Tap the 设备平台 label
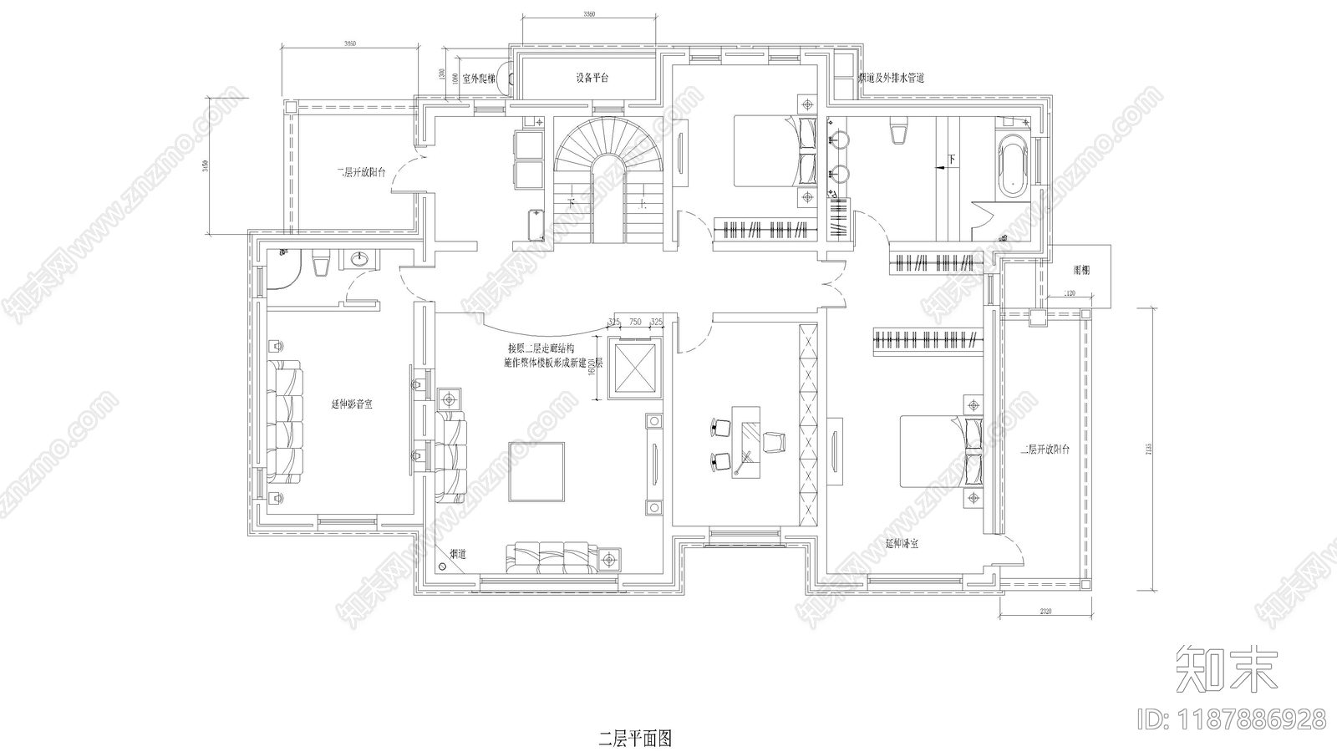[x=592, y=78]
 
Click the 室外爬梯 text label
[x=480, y=79]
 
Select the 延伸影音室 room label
[x=352, y=404]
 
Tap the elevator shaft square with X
[x=634, y=368]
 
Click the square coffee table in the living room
[x=536, y=471]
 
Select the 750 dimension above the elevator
[x=634, y=322]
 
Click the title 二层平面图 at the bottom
[x=635, y=739]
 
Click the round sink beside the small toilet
[x=359, y=260]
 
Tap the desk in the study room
[x=748, y=440]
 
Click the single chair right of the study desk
[x=775, y=440]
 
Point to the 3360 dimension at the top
[x=588, y=15]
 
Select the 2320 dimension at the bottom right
[x=1045, y=612]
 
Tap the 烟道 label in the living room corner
[x=458, y=553]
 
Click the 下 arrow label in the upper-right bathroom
[x=950, y=158]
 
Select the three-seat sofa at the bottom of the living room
[x=552, y=558]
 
